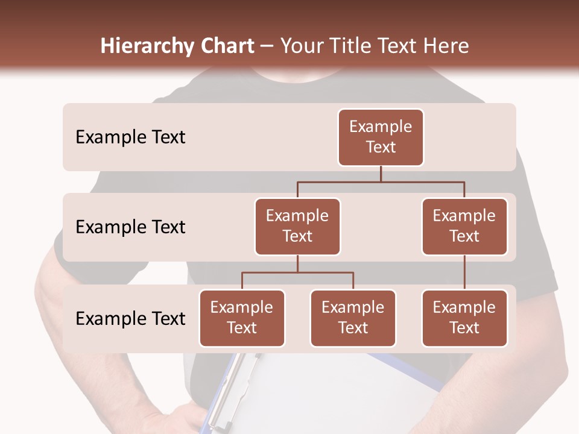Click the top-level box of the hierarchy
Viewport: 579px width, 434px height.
tap(381, 137)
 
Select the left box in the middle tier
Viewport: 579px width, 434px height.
tap(297, 226)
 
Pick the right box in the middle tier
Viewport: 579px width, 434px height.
tap(464, 226)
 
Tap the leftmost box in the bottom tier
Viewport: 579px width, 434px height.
tap(242, 318)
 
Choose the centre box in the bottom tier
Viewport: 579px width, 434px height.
tap(353, 318)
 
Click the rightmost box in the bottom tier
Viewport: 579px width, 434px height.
tap(464, 318)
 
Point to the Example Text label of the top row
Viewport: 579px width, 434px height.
tap(130, 137)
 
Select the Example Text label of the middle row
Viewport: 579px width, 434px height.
tap(130, 227)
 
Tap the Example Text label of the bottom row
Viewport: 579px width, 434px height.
tap(130, 319)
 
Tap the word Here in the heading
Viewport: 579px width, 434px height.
tap(446, 46)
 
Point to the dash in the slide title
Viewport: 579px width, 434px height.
tap(267, 46)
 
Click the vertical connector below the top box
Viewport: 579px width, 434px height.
tap(381, 174)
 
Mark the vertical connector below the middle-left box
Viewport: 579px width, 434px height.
tap(297, 263)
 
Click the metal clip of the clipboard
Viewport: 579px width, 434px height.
tap(224, 386)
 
